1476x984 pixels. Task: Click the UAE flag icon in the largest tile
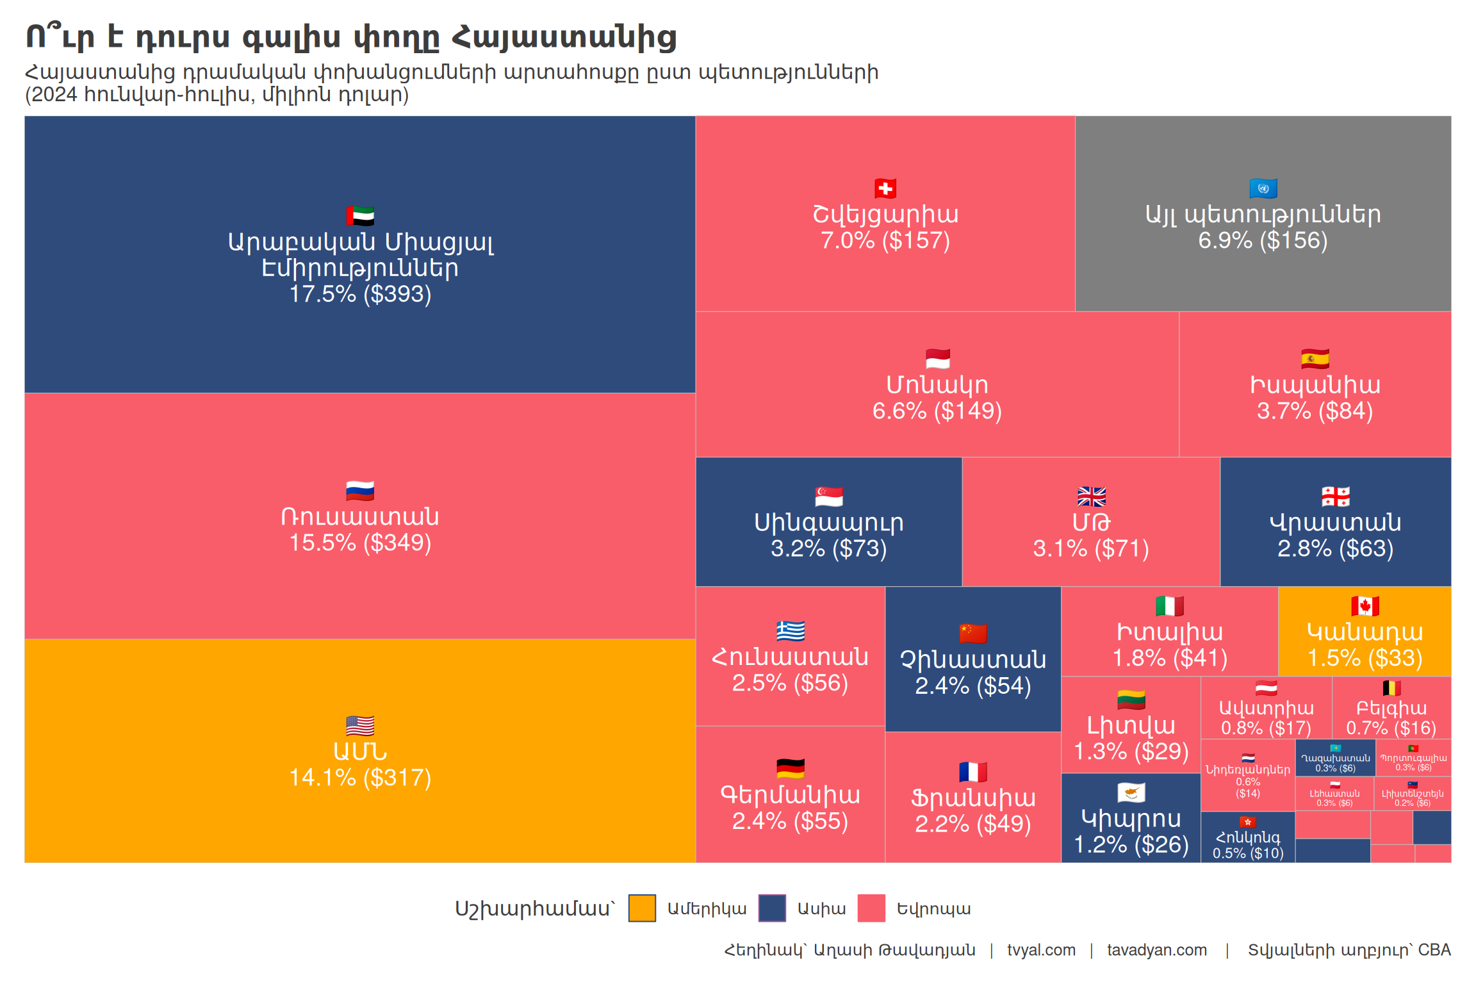click(x=360, y=216)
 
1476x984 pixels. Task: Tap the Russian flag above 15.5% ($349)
click(x=360, y=491)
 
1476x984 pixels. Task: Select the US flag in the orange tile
click(x=360, y=726)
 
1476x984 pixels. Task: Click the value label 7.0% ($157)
click(x=885, y=241)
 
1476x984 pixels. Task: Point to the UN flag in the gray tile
click(x=1263, y=188)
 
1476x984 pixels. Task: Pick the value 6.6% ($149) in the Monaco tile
click(x=937, y=411)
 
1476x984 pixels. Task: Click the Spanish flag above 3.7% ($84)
click(x=1315, y=359)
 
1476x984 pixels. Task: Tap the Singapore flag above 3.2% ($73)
click(x=829, y=496)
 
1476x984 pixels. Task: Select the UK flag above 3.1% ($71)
click(x=1092, y=496)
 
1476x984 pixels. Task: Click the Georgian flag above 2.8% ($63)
click(x=1336, y=496)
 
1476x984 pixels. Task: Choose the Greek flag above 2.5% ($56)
click(x=791, y=631)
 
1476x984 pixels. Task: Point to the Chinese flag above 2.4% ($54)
click(x=973, y=634)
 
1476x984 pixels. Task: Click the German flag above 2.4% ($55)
click(x=791, y=768)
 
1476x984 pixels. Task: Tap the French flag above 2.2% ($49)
click(x=973, y=772)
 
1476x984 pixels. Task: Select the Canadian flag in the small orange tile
click(x=1365, y=606)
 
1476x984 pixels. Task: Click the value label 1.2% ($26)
click(x=1131, y=845)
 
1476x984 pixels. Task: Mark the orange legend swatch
click(x=642, y=908)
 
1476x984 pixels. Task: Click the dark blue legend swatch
click(x=772, y=908)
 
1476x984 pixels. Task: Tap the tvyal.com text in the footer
click(x=1041, y=950)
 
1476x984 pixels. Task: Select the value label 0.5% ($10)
click(x=1248, y=853)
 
